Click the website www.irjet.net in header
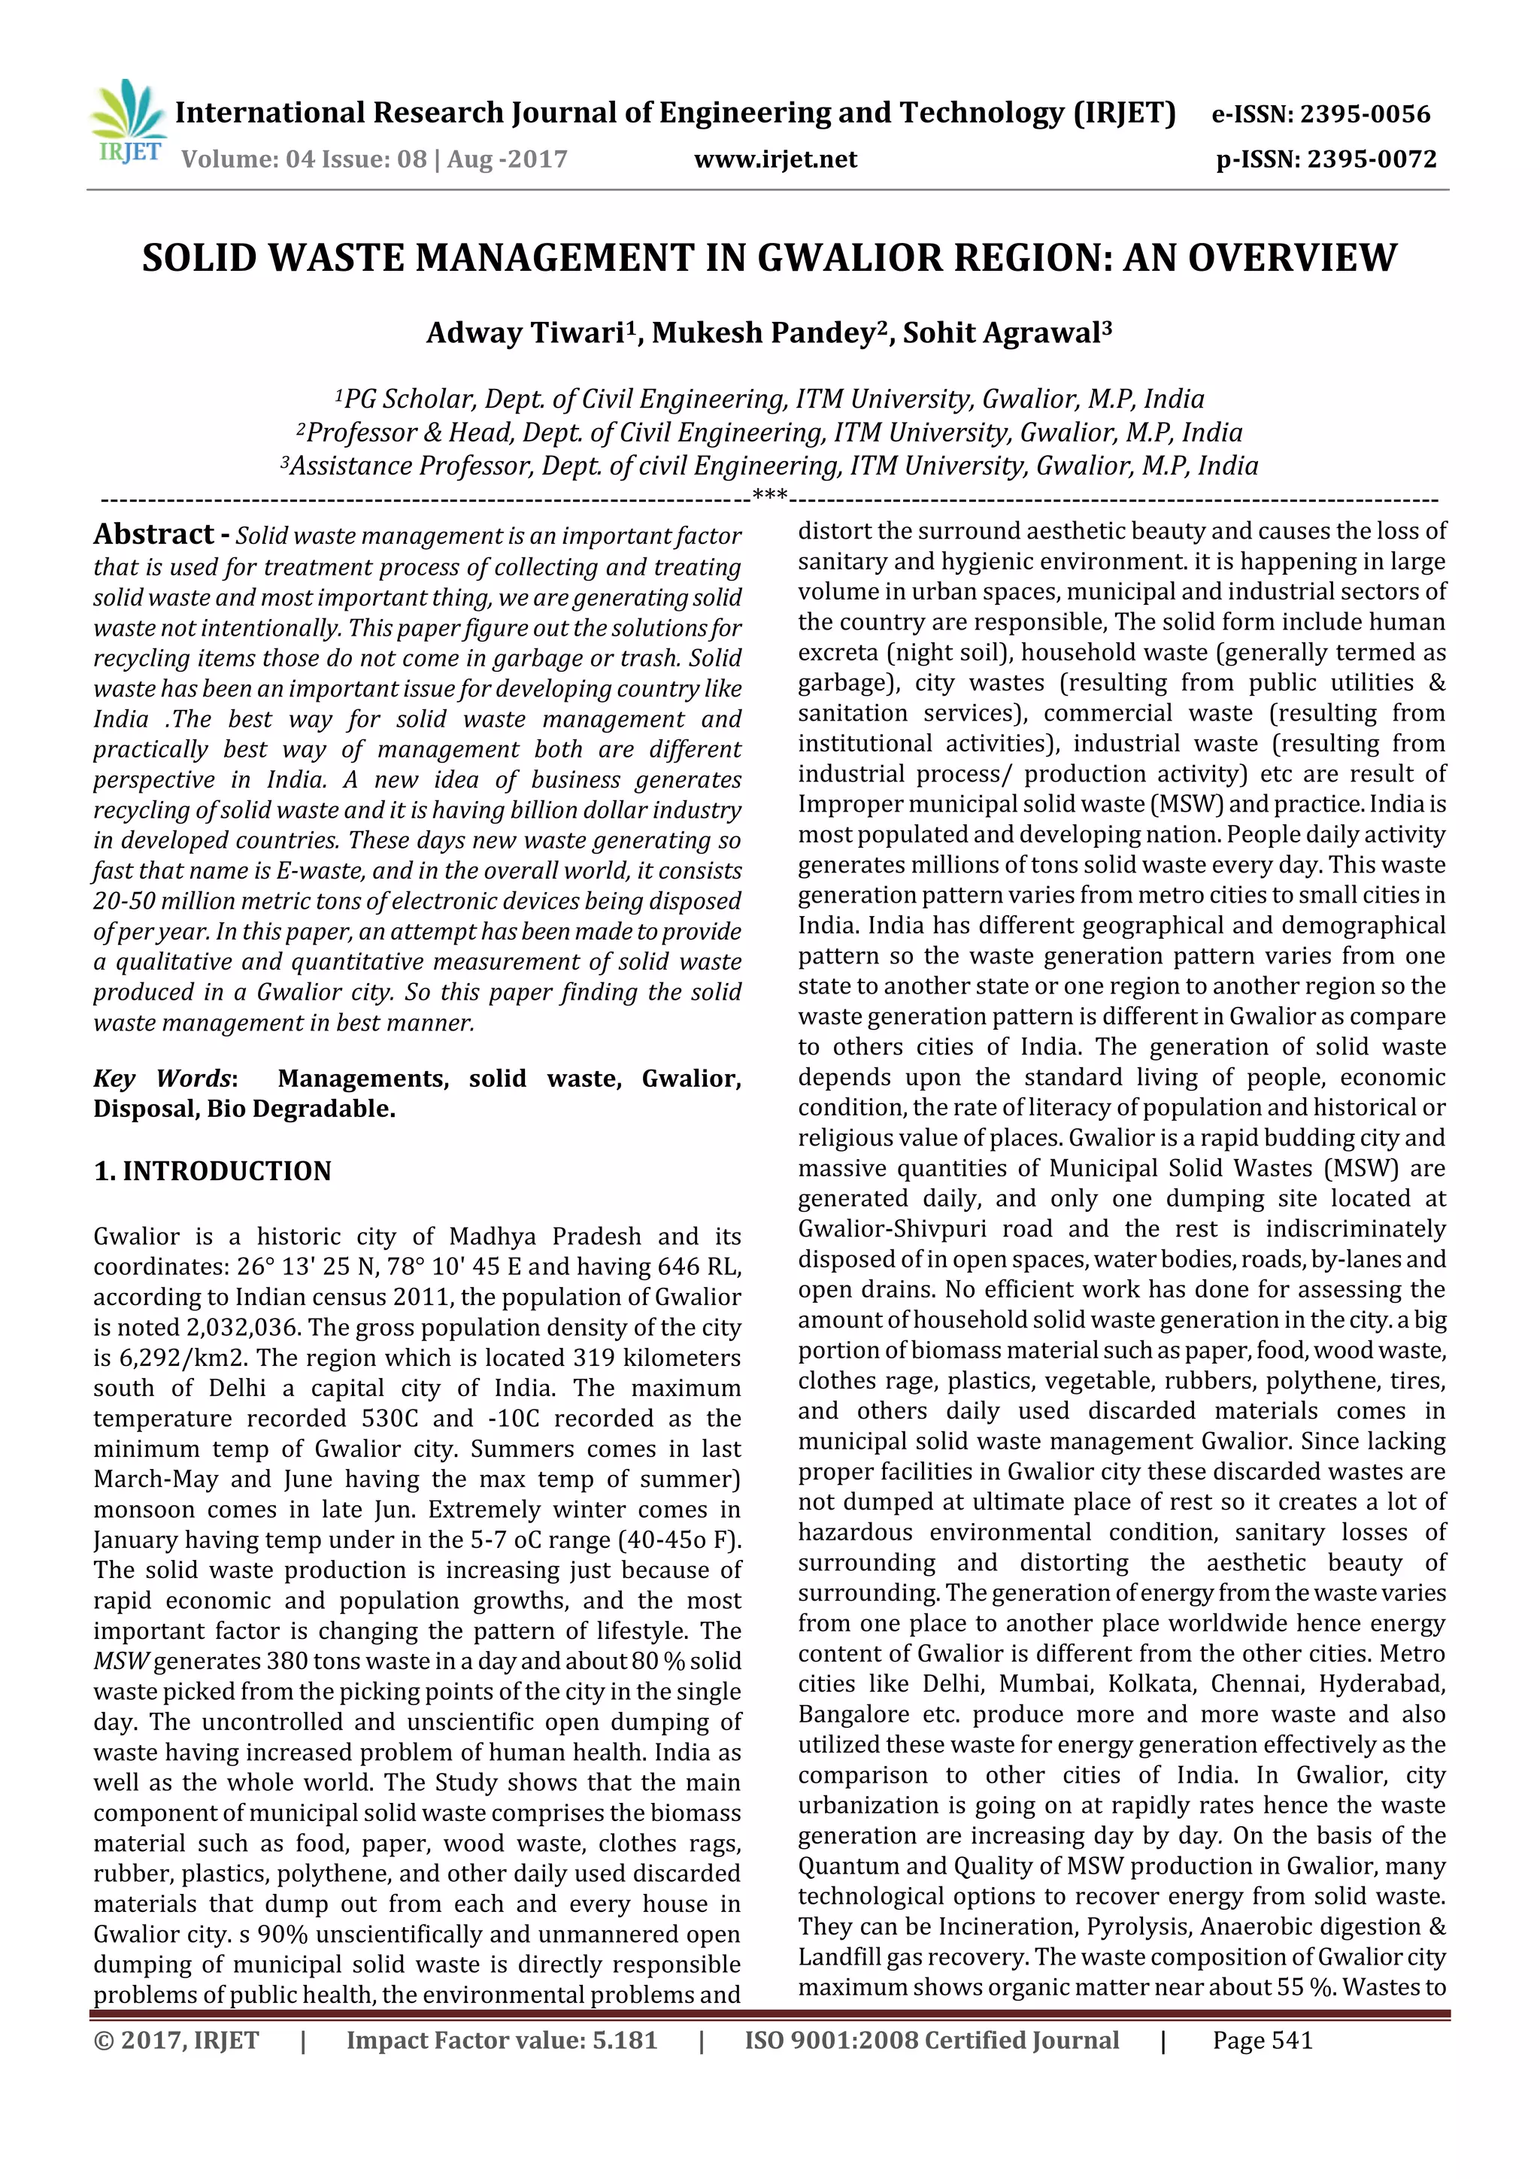[x=775, y=159]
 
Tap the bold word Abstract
[x=153, y=534]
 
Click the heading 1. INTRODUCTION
[x=213, y=1171]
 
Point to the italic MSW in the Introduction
[x=122, y=1661]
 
